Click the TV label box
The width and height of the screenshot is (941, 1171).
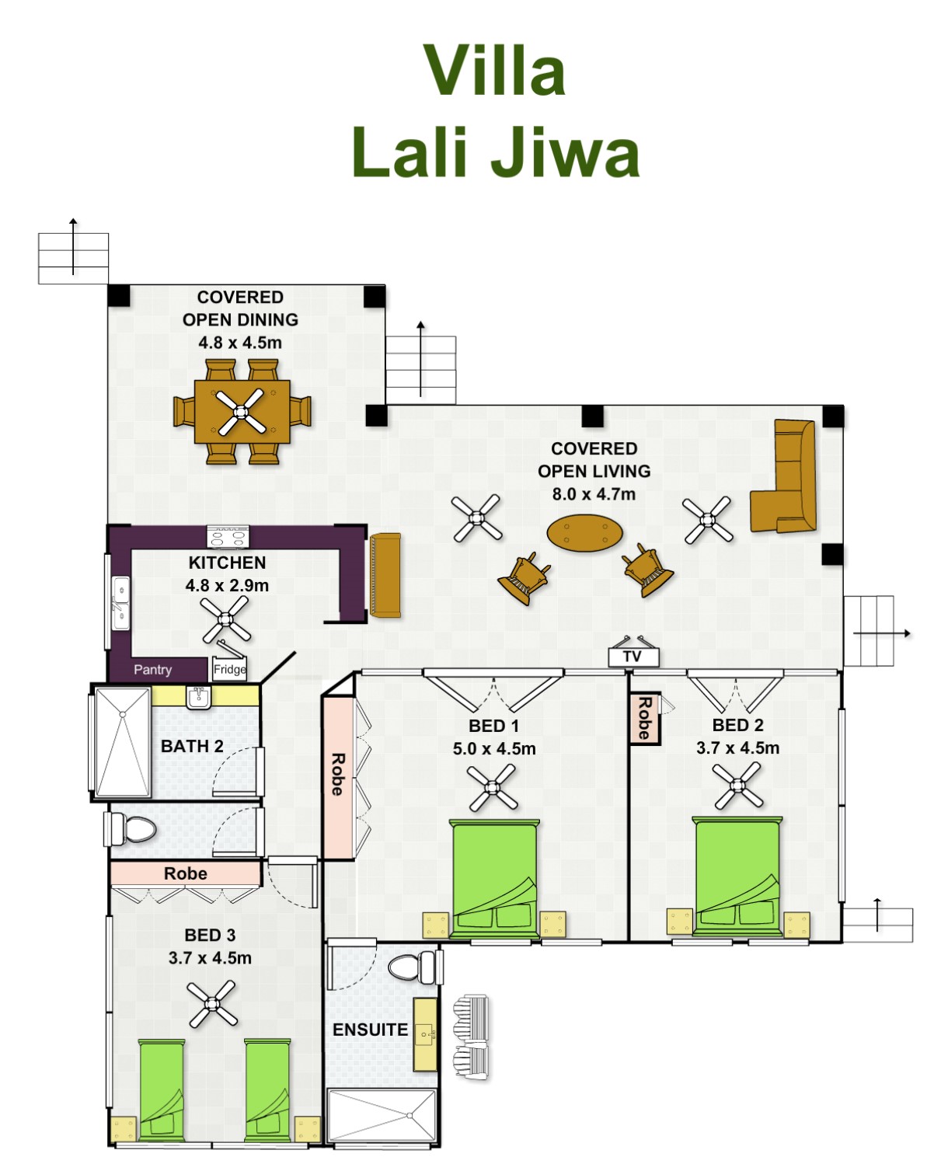tap(633, 657)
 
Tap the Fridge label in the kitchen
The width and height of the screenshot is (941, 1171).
tap(229, 669)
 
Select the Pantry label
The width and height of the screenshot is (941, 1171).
tap(153, 670)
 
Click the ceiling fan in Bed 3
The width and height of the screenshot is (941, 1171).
tap(211, 1004)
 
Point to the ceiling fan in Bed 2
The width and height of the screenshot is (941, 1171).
tap(737, 786)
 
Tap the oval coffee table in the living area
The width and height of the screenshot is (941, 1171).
tap(584, 533)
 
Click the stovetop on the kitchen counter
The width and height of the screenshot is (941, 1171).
tap(228, 537)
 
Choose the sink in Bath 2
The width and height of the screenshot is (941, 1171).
tap(199, 698)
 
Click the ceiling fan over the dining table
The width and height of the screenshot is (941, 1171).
tap(240, 412)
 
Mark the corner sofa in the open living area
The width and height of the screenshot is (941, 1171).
tap(784, 476)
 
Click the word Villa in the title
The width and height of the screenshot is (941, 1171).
tap(494, 71)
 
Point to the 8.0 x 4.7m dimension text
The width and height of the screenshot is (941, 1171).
tap(594, 494)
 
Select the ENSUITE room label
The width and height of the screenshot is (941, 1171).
tap(370, 1030)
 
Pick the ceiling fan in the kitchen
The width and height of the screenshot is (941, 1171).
tap(225, 619)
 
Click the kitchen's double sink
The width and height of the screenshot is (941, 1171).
tap(120, 604)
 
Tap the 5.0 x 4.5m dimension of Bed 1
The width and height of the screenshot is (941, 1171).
tap(494, 749)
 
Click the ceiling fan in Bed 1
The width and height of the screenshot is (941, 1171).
tap(492, 787)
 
